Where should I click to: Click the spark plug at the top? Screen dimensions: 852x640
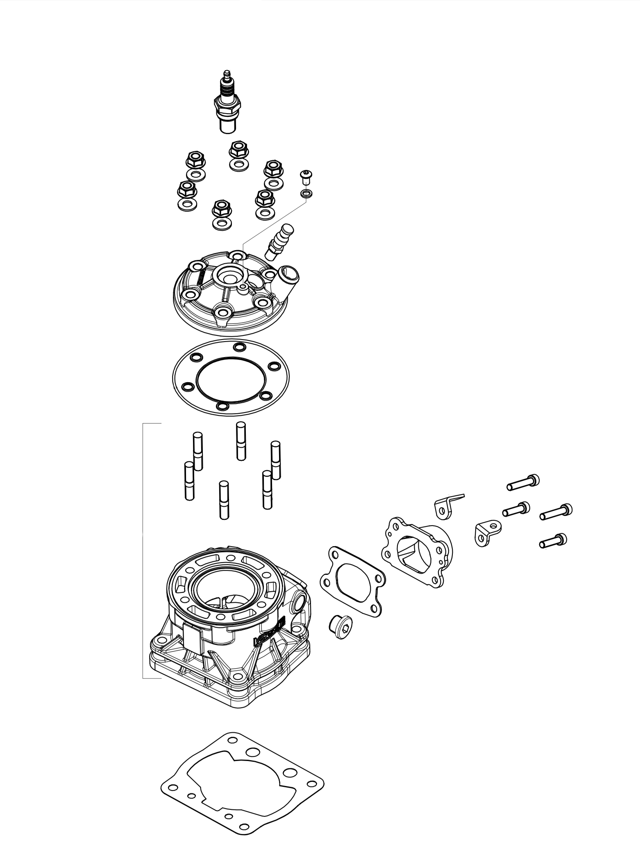(x=227, y=105)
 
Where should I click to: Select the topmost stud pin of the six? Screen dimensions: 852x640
(x=241, y=441)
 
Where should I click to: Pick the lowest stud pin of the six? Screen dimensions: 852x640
(x=224, y=500)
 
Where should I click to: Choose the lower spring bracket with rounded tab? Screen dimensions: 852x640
(x=488, y=533)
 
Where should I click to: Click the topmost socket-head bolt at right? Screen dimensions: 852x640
(x=523, y=483)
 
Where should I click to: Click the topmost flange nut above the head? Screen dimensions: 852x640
(x=237, y=150)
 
